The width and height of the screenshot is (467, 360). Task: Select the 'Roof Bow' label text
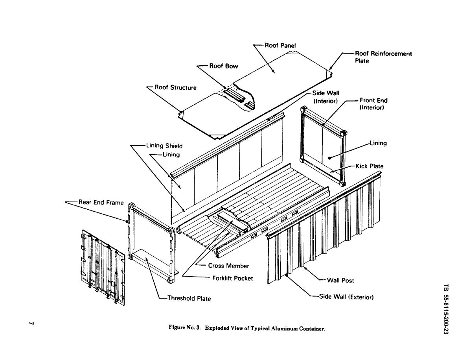223,66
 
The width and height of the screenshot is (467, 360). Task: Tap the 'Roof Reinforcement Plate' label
383,57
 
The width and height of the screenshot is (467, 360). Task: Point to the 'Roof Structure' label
175,87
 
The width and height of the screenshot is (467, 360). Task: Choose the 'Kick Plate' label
369,166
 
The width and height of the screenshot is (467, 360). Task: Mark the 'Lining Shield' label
164,146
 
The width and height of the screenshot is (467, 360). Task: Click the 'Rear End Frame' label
101,202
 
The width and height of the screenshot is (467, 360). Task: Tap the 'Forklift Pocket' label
232,278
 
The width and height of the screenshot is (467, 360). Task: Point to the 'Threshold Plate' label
189,298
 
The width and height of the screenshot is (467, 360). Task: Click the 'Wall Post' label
340,281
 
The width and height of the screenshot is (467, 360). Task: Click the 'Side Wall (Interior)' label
325,97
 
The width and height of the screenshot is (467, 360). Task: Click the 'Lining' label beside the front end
378,143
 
